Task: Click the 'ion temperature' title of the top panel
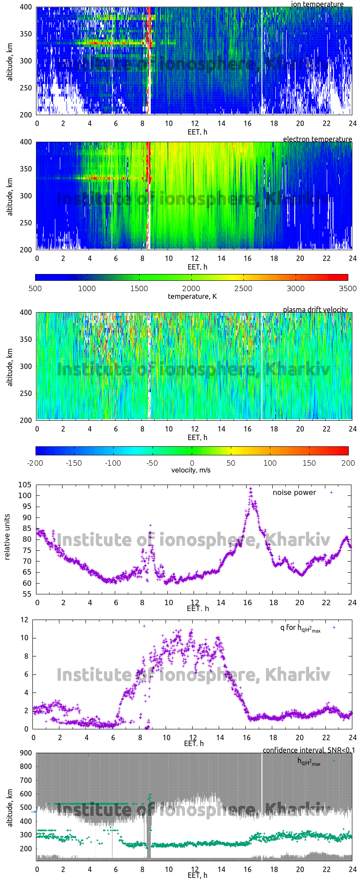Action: coord(317,4)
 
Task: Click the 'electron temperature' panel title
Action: coord(317,139)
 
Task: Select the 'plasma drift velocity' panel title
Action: coord(315,310)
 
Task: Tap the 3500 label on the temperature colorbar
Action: coord(348,288)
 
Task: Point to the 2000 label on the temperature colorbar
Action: coord(191,288)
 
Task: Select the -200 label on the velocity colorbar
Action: coord(36,463)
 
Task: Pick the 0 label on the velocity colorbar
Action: coord(192,463)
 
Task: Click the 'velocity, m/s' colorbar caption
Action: coord(191,470)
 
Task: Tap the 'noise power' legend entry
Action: coord(294,493)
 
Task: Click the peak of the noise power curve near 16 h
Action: coord(251,489)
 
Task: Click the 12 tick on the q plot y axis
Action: coord(24,620)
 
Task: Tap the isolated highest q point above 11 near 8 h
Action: coord(144,626)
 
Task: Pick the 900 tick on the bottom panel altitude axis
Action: coord(26,753)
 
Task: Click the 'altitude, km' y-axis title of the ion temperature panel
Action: coord(10,61)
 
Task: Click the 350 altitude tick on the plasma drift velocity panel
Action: coord(26,340)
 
